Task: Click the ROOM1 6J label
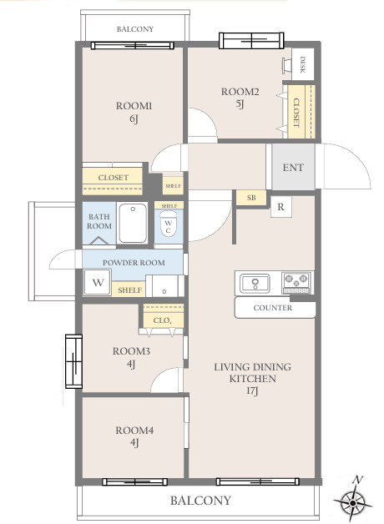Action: [x=134, y=113]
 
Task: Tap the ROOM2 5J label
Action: [x=240, y=98]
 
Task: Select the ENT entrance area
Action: [x=293, y=167]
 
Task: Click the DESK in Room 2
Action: [x=303, y=64]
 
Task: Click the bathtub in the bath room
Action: [x=133, y=223]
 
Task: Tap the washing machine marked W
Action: [x=98, y=282]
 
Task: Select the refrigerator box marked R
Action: [x=280, y=207]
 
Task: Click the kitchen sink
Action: [x=255, y=284]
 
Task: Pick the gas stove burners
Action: [x=296, y=283]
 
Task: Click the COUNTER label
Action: [x=273, y=308]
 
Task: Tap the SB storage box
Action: [x=251, y=198]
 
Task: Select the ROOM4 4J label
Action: [x=134, y=436]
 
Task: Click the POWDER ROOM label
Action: [x=134, y=263]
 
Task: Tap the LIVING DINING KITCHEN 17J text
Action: [x=252, y=379]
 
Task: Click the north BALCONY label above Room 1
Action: [x=135, y=29]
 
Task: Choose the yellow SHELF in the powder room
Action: [x=129, y=290]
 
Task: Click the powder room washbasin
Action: [x=164, y=285]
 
